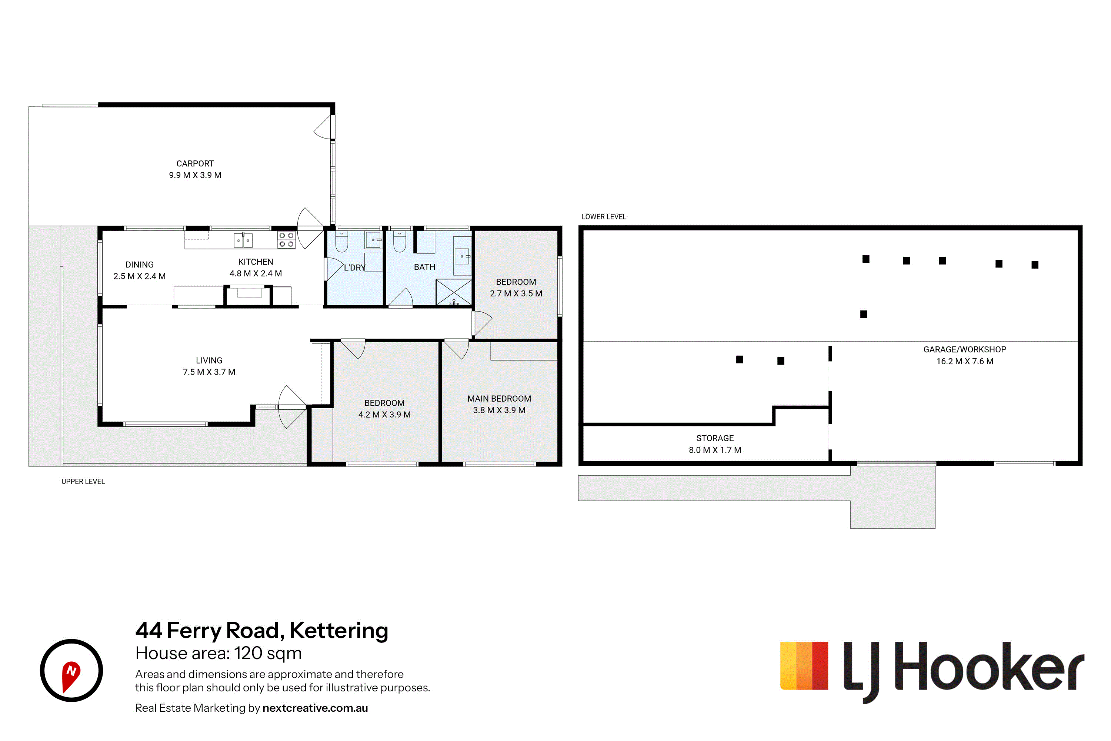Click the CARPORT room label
click(195, 163)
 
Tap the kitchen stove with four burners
click(286, 240)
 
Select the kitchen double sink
click(243, 240)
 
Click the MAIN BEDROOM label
click(499, 399)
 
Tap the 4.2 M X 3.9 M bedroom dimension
click(384, 415)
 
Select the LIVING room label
click(209, 360)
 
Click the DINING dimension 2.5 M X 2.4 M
click(139, 276)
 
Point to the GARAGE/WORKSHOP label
click(965, 350)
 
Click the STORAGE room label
click(715, 439)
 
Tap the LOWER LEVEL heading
click(604, 217)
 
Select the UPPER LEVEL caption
click(83, 482)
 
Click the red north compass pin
click(71, 676)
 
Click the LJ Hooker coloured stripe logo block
click(804, 665)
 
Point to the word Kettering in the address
click(339, 631)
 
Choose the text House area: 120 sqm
click(218, 653)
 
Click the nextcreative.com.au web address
click(315, 708)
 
